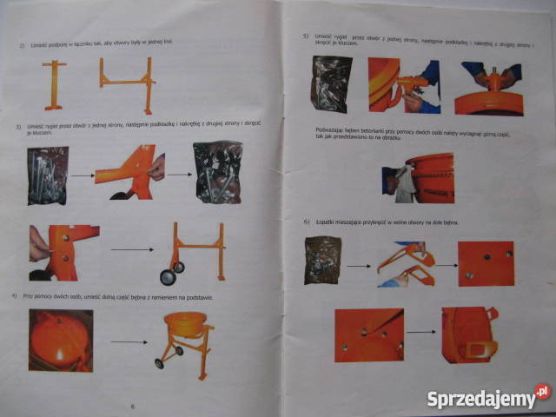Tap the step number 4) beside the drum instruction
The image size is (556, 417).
click(15, 297)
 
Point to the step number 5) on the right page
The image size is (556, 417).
click(306, 36)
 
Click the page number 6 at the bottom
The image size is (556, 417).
click(132, 405)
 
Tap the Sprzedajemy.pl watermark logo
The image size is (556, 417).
click(488, 398)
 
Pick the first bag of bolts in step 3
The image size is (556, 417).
click(47, 175)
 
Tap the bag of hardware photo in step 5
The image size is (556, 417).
click(332, 84)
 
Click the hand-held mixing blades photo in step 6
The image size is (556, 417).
click(406, 265)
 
